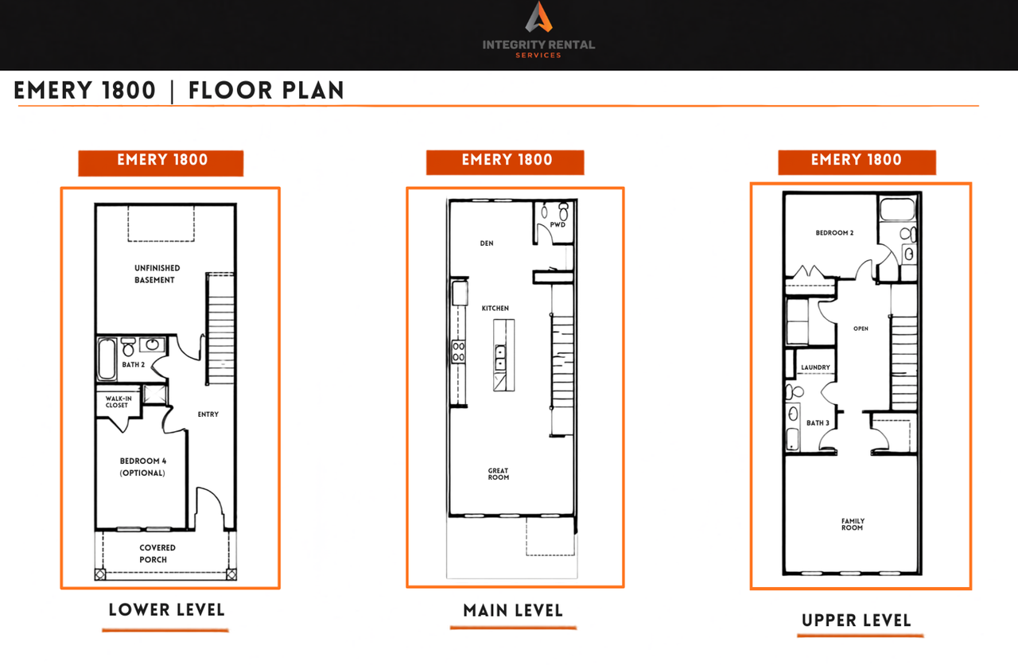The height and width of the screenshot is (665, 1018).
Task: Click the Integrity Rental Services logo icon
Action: (539, 17)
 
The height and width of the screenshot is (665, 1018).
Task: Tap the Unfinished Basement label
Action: (157, 274)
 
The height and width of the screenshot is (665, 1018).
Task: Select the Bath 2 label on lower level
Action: (133, 364)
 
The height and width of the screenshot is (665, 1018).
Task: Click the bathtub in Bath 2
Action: (107, 359)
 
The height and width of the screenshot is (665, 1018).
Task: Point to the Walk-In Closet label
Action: (119, 402)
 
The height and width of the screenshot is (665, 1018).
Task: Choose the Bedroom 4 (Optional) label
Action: (142, 467)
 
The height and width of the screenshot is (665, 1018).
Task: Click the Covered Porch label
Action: (157, 554)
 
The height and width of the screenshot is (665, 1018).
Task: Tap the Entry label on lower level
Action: (208, 414)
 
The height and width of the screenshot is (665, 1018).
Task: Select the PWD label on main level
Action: (558, 224)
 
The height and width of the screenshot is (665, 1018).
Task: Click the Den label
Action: (487, 243)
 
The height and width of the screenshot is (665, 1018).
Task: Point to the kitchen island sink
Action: (500, 358)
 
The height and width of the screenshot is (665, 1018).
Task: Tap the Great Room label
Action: (499, 474)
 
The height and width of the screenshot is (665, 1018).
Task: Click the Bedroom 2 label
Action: (834, 233)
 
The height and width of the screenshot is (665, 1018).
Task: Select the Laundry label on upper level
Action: (815, 367)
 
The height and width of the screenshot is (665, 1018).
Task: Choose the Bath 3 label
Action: (818, 422)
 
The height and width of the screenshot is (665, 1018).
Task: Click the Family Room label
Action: (853, 524)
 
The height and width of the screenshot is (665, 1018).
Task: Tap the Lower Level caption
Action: (167, 610)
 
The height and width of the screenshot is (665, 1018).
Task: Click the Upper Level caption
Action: (857, 620)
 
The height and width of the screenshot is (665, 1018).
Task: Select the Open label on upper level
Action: (861, 329)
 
